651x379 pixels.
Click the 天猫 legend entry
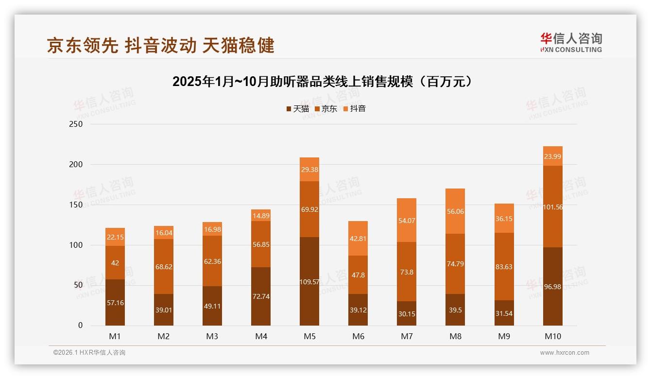coord(298,109)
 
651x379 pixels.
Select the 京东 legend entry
coord(326,109)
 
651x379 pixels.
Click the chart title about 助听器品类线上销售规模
coord(323,81)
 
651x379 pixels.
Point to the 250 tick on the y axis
coord(76,124)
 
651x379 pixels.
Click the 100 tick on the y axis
coord(76,245)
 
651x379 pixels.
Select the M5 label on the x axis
coord(309,336)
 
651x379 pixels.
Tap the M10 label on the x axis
coord(553,336)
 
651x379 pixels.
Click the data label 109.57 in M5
coord(309,281)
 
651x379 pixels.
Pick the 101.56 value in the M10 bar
coord(553,207)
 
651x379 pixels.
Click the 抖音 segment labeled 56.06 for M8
coord(455,211)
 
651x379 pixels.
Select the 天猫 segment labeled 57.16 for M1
coord(115,302)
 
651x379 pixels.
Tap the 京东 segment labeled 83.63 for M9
coord(504,267)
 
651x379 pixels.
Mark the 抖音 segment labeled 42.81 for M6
coord(358,239)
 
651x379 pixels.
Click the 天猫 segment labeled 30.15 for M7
coord(407,313)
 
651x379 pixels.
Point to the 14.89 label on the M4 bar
coord(261,216)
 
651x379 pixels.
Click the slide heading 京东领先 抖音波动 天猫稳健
coord(161,45)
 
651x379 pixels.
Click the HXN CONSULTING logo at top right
coord(571,43)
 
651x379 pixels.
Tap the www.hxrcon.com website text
coord(565,353)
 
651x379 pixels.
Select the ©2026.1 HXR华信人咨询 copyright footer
coord(89,353)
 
